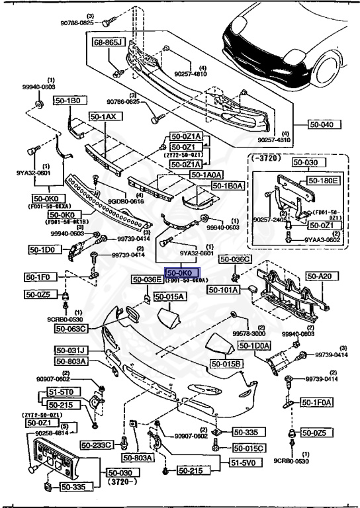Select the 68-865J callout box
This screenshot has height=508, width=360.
point(109,42)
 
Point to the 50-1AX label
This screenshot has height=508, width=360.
point(103,116)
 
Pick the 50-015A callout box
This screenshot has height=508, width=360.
point(171,298)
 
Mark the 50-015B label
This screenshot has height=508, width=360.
point(227,364)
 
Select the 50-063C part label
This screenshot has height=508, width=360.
point(72,328)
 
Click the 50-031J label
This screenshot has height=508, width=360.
point(72,350)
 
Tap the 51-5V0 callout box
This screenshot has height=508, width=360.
point(245,463)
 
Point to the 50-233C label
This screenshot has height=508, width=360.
point(97,445)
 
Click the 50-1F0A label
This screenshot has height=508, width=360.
point(318,402)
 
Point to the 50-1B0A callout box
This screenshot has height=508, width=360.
point(228,186)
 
